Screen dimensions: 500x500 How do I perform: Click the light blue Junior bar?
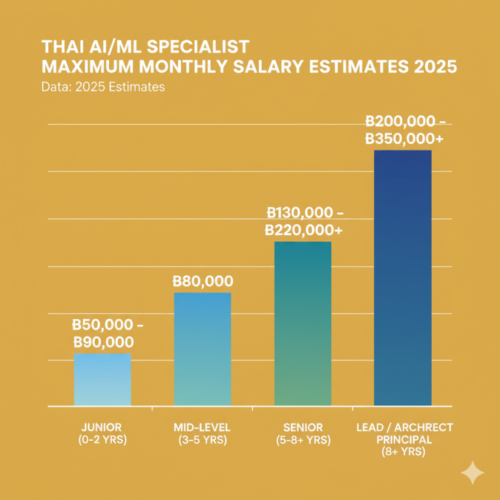[x=102, y=380]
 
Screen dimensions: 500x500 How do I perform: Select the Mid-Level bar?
[x=202, y=349]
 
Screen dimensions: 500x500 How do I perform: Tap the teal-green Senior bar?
[x=302, y=324]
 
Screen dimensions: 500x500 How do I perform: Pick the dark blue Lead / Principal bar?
[x=402, y=278]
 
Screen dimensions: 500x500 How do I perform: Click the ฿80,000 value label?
[x=202, y=282]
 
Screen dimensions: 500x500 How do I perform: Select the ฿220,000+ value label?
[x=304, y=230]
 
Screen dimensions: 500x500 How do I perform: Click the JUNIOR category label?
[x=102, y=428]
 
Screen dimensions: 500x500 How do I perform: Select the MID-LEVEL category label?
[x=202, y=428]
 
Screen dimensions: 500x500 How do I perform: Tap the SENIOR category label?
[x=302, y=428]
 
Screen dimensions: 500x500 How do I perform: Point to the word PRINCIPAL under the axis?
[x=405, y=440]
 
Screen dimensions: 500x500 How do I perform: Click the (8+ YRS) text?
[x=405, y=452]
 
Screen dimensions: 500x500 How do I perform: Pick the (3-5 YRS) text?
[x=202, y=440]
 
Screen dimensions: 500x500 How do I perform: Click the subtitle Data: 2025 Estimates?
[x=103, y=87]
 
